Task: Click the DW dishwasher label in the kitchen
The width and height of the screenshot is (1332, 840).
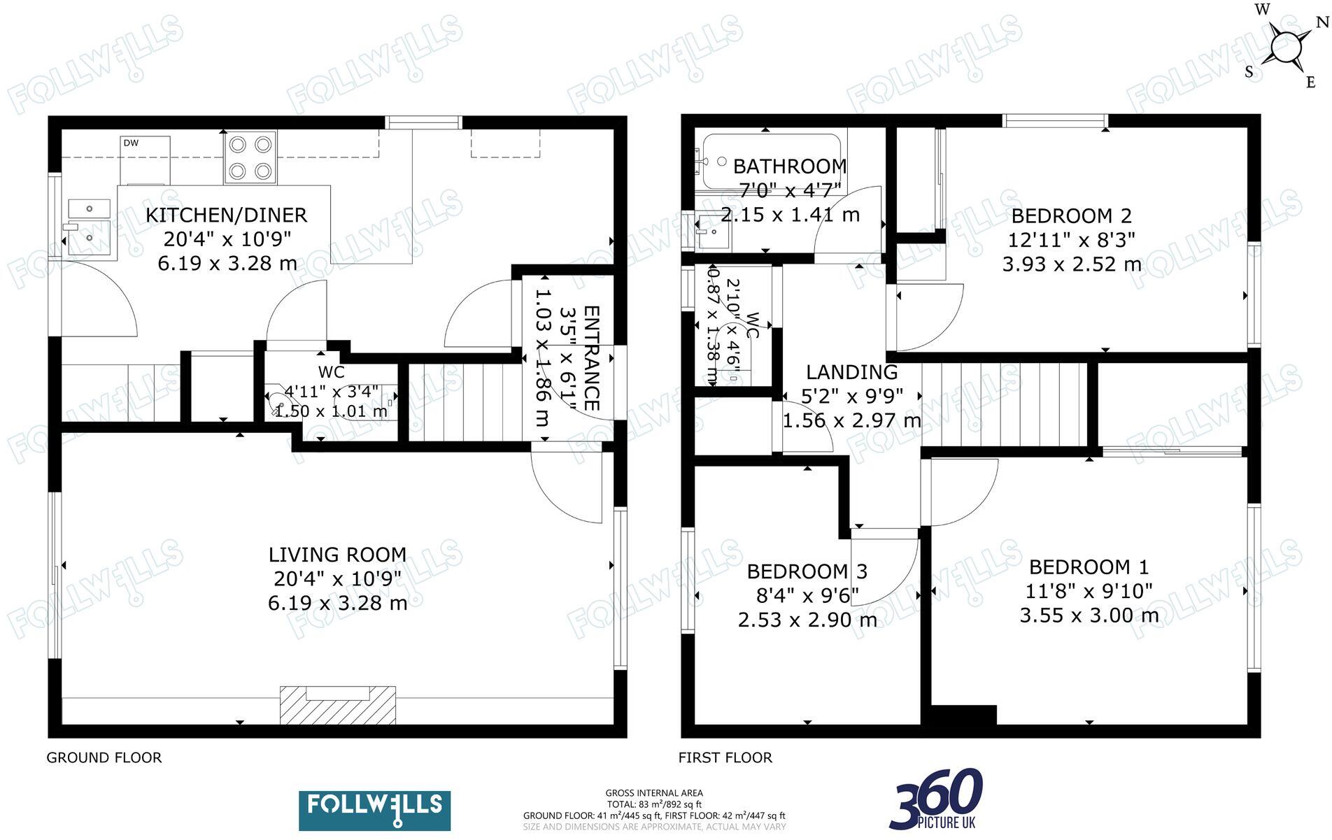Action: click(x=131, y=143)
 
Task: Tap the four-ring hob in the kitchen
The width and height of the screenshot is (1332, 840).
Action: click(x=250, y=157)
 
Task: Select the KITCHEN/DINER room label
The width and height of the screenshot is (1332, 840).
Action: click(x=226, y=215)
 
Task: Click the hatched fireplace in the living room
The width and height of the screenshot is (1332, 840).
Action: click(x=338, y=705)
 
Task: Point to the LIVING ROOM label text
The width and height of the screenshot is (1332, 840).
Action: click(x=337, y=555)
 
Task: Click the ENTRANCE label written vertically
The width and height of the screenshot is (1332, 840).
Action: click(x=591, y=358)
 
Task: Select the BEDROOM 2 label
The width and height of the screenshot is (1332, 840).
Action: click(x=1071, y=215)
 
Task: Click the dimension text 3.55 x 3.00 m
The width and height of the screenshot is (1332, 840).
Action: click(x=1089, y=615)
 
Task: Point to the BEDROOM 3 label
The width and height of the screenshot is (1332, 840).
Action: click(x=807, y=571)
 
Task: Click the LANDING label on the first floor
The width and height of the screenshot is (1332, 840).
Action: click(x=851, y=372)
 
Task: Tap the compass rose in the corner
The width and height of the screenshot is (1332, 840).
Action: click(x=1286, y=48)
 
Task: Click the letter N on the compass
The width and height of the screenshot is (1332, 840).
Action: click(x=1321, y=22)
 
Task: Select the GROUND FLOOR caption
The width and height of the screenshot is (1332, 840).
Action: click(x=104, y=757)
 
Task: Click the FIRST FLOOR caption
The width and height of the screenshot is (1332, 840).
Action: click(x=725, y=757)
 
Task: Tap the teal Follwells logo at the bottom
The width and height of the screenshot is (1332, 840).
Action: click(x=374, y=810)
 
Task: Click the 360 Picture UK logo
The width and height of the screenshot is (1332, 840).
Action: click(x=936, y=799)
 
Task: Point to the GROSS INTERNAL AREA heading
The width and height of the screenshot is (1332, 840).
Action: click(x=653, y=792)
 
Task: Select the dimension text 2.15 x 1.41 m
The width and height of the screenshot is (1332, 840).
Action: click(x=790, y=215)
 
